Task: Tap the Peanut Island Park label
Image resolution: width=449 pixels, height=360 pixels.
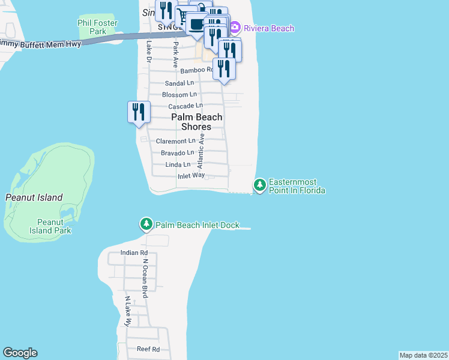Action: [51, 226]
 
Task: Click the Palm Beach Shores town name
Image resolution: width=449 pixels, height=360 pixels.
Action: [197, 122]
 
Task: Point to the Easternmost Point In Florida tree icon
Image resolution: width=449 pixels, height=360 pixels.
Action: [260, 185]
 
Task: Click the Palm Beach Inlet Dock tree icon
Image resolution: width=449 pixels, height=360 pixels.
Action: [146, 224]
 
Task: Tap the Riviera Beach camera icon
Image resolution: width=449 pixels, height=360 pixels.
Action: [235, 28]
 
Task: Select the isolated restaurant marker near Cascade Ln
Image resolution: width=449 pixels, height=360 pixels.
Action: [139, 112]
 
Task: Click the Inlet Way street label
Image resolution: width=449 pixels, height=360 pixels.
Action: [191, 176]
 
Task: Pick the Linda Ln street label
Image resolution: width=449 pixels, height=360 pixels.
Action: [179, 164]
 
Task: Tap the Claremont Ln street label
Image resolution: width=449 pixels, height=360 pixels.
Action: [175, 141]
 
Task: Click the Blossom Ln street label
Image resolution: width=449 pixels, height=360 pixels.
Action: [179, 95]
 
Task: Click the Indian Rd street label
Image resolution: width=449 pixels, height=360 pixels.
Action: [133, 253]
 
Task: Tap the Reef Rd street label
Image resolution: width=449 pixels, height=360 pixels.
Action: [148, 349]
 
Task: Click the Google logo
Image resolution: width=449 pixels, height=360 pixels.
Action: [20, 353]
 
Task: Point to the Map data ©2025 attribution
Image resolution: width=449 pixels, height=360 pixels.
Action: [423, 355]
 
